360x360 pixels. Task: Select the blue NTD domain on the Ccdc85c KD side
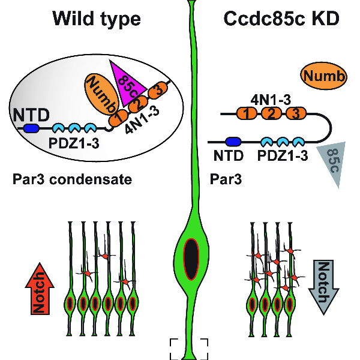[x=233, y=142]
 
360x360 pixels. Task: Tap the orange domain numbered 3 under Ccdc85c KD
[x=295, y=112]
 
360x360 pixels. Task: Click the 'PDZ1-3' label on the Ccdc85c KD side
[x=283, y=157]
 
